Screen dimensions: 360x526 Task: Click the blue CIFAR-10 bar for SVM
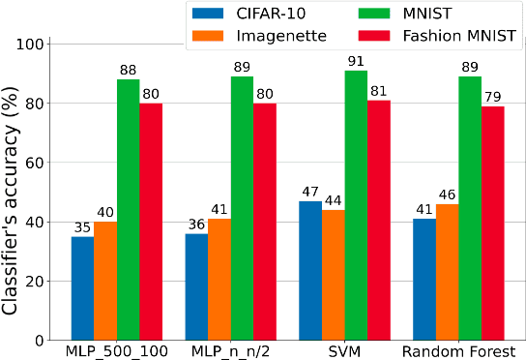pos(310,271)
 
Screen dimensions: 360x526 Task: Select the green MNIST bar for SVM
pos(356,205)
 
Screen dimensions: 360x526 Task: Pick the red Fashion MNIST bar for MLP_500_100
pos(151,222)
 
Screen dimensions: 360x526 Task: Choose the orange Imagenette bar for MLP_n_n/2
pos(219,280)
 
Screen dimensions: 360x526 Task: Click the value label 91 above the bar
pos(356,61)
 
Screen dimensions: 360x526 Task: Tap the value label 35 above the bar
pos(82,227)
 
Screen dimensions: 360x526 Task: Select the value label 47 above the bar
pos(310,192)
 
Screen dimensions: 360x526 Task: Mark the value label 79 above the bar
pos(493,97)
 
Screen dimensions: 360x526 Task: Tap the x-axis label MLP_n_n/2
pos(230,349)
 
